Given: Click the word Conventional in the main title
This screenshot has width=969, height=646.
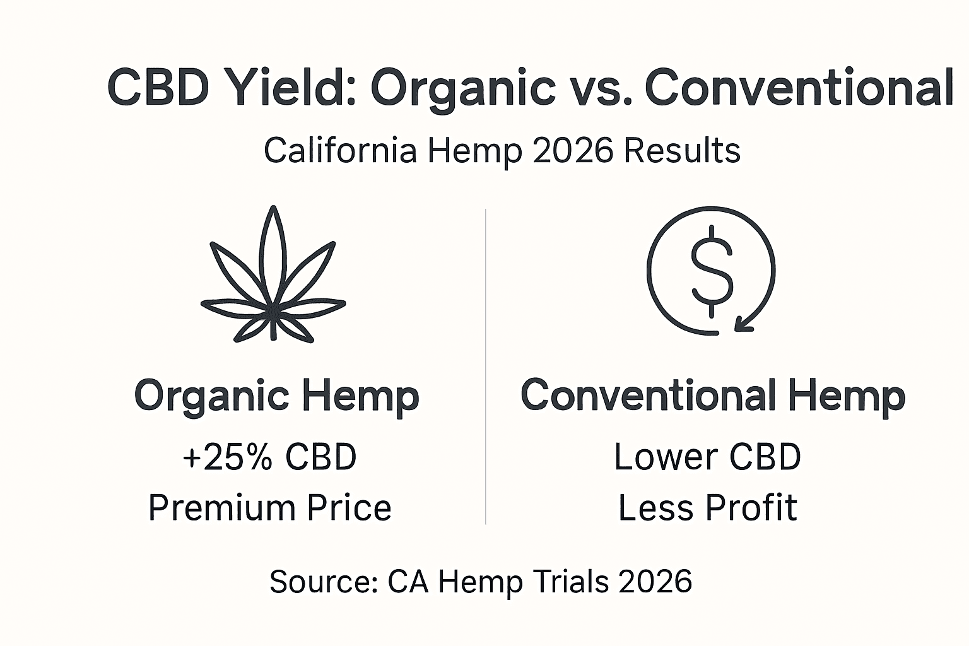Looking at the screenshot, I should pyautogui.click(x=799, y=88).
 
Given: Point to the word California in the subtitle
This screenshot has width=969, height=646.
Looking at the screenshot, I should pyautogui.click(x=340, y=151).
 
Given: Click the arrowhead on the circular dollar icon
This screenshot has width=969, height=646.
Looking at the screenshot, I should pyautogui.click(x=743, y=324).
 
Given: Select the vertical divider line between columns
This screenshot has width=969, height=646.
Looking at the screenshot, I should pyautogui.click(x=485, y=366).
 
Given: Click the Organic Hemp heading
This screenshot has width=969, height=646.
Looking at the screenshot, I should pyautogui.click(x=276, y=396).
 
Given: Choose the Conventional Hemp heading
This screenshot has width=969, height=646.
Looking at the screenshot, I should pyautogui.click(x=712, y=396).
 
